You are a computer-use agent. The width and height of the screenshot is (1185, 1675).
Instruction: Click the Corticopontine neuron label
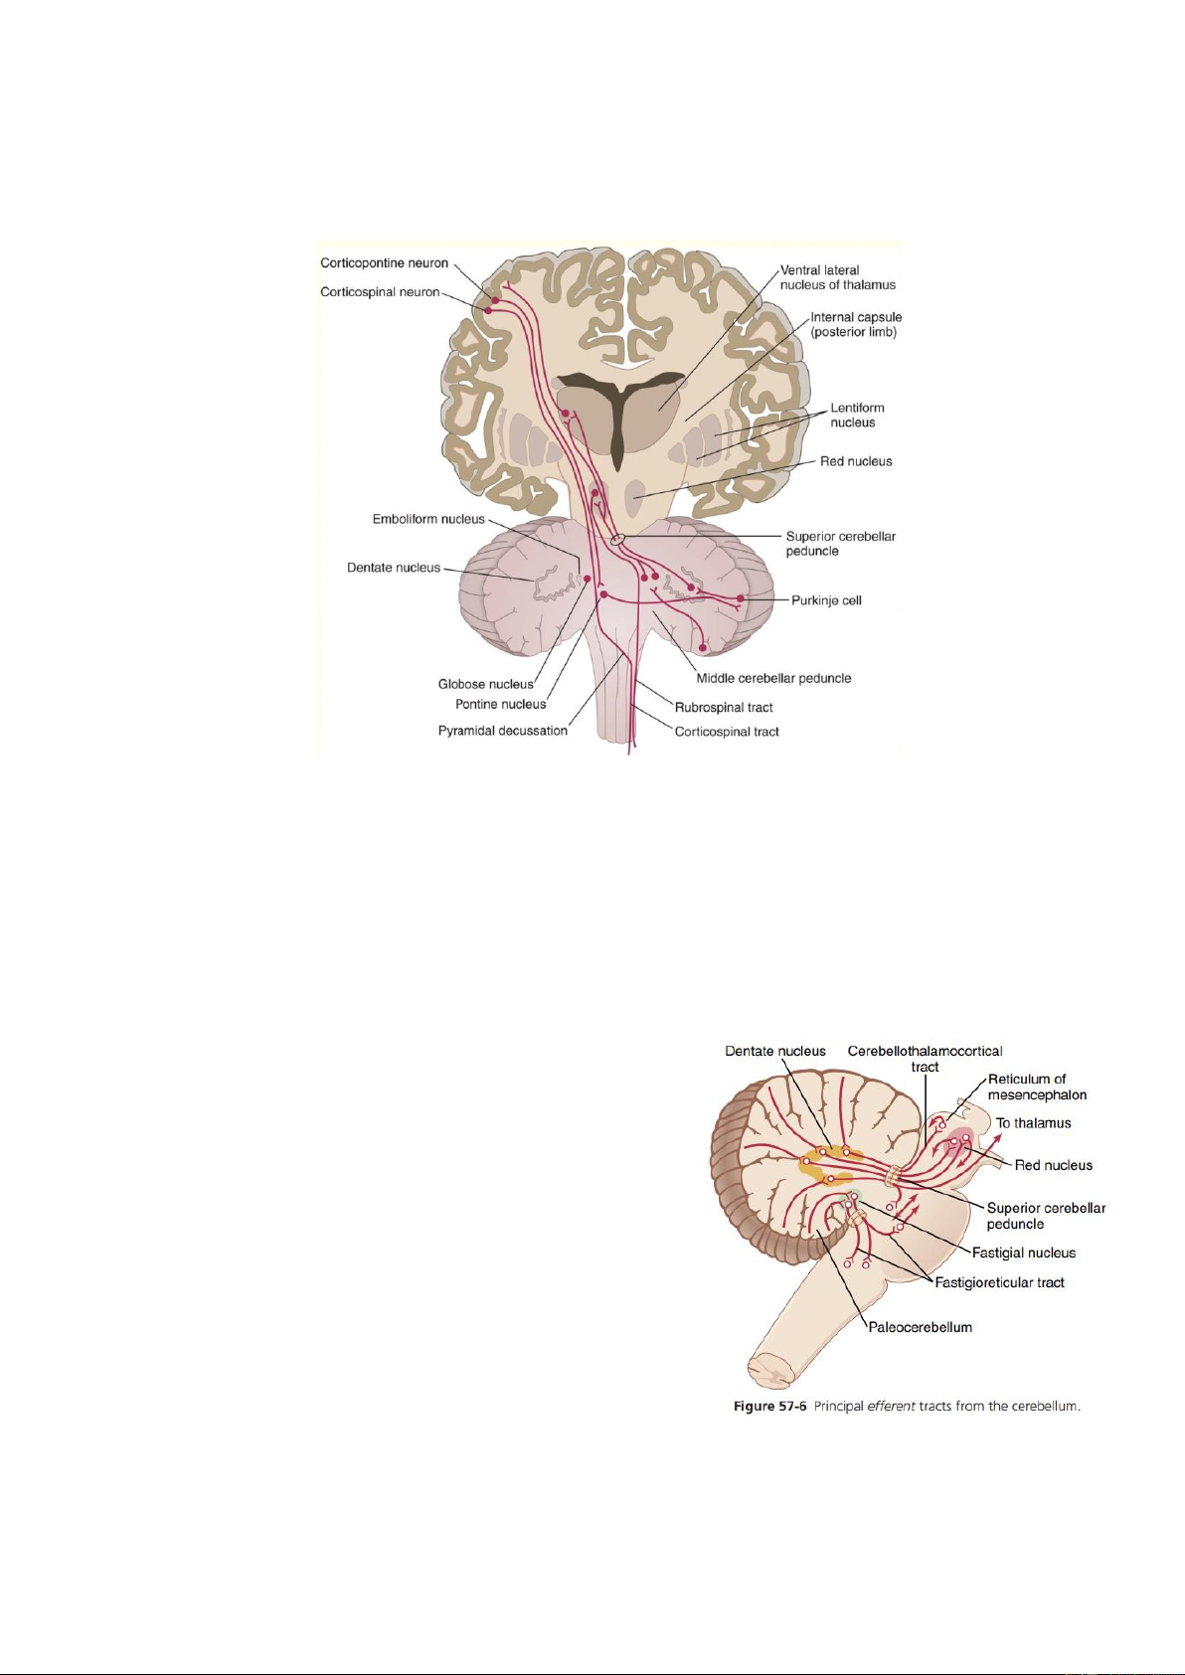pos(384,263)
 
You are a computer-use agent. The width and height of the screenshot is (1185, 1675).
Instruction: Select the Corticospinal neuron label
pos(380,292)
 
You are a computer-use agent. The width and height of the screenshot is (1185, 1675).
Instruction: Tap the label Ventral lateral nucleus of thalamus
pos(837,277)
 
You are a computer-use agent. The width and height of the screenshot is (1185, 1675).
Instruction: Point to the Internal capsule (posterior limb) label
pos(855,324)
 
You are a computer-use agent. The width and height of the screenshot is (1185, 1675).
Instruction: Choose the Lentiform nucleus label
pos(856,415)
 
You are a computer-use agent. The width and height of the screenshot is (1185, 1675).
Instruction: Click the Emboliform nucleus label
pos(428,519)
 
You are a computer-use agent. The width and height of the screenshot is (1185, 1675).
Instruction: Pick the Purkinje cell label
pos(825,600)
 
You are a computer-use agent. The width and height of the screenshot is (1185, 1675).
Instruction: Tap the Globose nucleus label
pos(485,684)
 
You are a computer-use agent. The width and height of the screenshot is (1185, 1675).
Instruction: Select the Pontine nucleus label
pos(500,704)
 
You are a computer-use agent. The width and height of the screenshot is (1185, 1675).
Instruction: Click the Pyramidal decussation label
pos(502,731)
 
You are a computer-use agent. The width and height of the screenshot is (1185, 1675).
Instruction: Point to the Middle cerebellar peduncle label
pos(773,678)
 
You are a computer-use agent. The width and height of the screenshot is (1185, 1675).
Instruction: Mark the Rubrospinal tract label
pos(724,708)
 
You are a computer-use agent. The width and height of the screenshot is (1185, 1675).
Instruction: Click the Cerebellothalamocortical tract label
pos(925,1059)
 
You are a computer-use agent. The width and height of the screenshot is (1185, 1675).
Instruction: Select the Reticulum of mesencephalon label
pos(1036,1087)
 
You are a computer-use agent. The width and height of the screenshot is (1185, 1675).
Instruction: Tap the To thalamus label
pos(1033,1123)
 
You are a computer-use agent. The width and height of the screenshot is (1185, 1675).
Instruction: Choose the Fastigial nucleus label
pos(1023,1253)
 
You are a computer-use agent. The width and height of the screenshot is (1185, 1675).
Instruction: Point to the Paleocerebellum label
pos(920,1327)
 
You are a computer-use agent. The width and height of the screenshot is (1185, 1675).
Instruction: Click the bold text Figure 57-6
pos(769,1406)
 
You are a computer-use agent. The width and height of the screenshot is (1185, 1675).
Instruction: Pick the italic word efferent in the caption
pos(891,1406)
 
